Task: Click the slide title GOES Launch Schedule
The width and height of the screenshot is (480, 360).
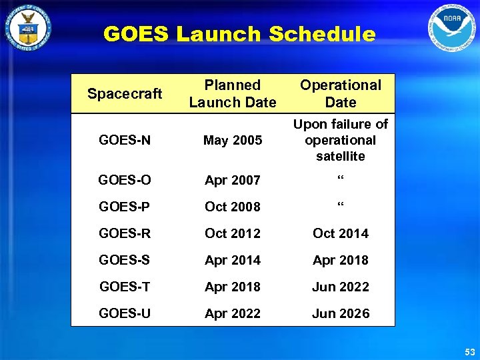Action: click(x=239, y=34)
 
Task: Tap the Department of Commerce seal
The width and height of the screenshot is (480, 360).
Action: click(x=27, y=28)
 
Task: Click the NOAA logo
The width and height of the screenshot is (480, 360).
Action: click(x=453, y=28)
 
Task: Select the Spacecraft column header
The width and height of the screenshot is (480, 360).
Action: click(x=125, y=93)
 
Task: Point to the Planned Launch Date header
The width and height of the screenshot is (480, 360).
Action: click(x=232, y=93)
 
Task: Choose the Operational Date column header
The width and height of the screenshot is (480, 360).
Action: click(x=340, y=93)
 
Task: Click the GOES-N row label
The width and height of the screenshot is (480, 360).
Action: click(x=125, y=140)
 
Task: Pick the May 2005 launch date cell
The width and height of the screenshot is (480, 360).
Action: click(x=233, y=140)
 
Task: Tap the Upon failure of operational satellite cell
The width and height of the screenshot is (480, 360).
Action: click(x=340, y=140)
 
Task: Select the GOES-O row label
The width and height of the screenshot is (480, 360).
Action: click(x=125, y=180)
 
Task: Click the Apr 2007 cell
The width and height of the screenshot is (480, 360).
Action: click(x=233, y=180)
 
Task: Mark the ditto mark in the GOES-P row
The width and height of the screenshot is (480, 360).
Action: click(x=340, y=204)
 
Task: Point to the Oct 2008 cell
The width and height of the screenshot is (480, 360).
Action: click(x=233, y=207)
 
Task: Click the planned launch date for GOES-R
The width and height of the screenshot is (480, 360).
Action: click(x=233, y=233)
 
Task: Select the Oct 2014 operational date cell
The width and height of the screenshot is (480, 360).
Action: click(x=340, y=233)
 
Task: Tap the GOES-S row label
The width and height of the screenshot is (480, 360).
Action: click(x=125, y=260)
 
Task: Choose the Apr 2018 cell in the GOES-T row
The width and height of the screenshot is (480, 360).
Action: click(x=233, y=287)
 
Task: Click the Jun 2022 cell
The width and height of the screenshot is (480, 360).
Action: click(x=340, y=287)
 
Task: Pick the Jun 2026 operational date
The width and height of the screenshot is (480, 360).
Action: click(x=340, y=313)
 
